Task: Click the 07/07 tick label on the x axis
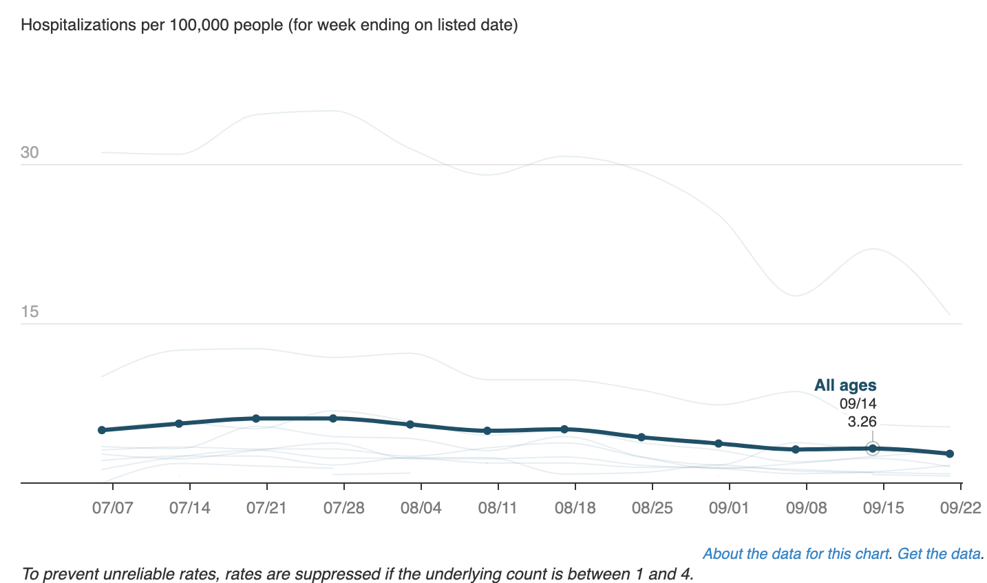(112, 509)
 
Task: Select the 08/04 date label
(421, 509)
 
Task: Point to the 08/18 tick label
(575, 509)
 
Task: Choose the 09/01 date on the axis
(729, 509)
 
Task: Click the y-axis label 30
(30, 152)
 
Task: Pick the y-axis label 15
(30, 311)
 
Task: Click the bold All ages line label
(845, 385)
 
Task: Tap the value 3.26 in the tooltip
(862, 421)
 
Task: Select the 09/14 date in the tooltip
(858, 404)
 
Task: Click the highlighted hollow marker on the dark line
(873, 449)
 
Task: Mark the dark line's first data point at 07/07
(102, 430)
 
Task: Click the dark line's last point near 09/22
(950, 453)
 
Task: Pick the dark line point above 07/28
(333, 418)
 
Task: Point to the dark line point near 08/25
(641, 437)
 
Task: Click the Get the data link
(939, 554)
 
